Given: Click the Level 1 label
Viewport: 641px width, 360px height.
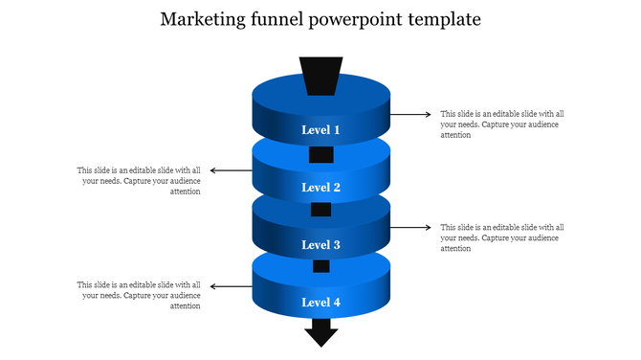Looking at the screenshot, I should click(x=320, y=129).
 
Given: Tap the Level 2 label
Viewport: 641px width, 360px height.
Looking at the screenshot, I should click(x=320, y=188).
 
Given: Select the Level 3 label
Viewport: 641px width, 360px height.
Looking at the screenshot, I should click(x=320, y=245).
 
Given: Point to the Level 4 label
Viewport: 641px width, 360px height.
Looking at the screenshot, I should click(x=320, y=303).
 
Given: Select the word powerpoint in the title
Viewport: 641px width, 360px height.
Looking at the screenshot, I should click(x=361, y=20).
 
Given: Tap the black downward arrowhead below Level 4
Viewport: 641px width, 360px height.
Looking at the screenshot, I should click(x=320, y=335).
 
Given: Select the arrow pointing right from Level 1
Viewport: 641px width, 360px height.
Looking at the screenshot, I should click(x=410, y=114).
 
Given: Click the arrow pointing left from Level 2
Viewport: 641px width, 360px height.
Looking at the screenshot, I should click(x=231, y=170).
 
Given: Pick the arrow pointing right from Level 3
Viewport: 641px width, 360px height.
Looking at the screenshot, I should click(x=410, y=228).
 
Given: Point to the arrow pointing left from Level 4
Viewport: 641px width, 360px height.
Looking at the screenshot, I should click(x=231, y=285).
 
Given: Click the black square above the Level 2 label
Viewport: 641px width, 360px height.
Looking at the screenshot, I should click(x=320, y=154).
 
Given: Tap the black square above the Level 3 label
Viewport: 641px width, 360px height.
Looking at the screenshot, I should click(x=320, y=210).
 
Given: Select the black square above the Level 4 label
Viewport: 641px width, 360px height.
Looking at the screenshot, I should click(x=320, y=266).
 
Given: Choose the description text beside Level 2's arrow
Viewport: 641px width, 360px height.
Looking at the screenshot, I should click(x=140, y=181).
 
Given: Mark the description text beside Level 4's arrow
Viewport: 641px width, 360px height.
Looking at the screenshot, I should click(x=140, y=296).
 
